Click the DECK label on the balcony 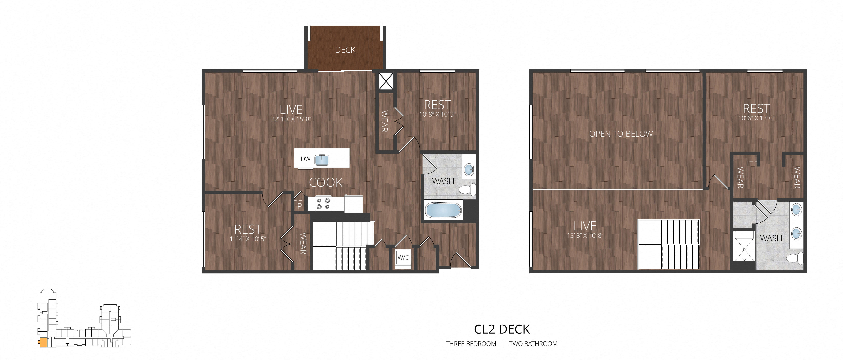(x=345, y=50)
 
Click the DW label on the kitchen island (x=305, y=159)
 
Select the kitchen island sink (x=322, y=160)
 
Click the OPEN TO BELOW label (x=621, y=134)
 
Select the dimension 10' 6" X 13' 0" (x=756, y=118)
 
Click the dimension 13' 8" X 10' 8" (x=585, y=235)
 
